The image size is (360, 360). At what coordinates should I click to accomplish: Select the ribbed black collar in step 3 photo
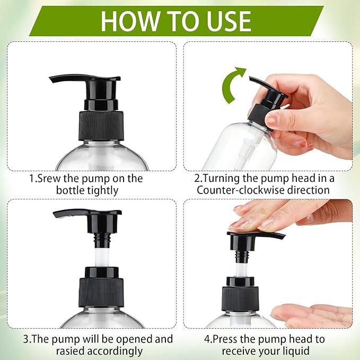coord(101,292)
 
